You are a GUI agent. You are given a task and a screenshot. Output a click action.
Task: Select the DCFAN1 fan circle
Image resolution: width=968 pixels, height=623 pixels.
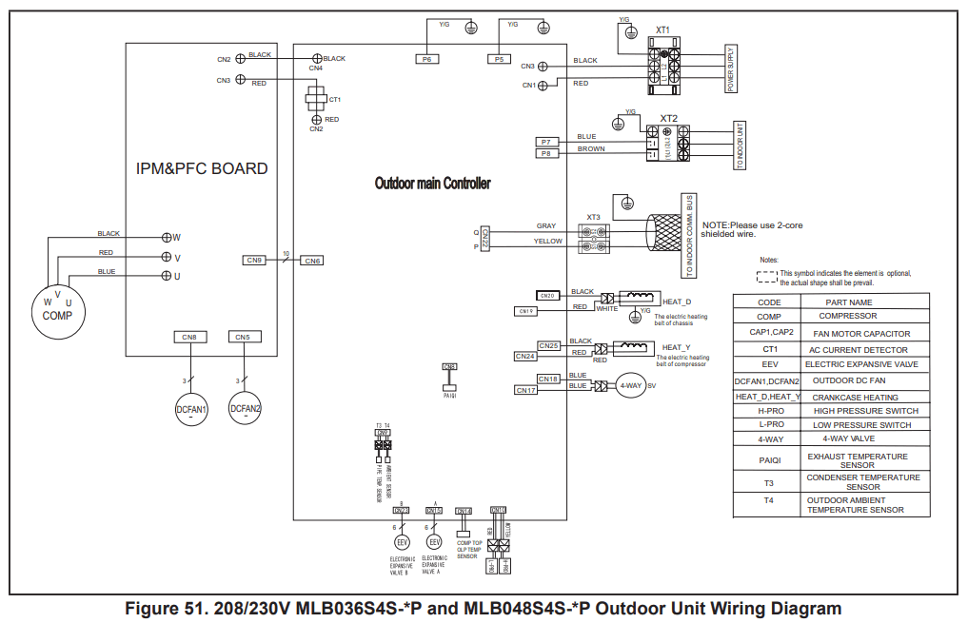pyautogui.click(x=191, y=410)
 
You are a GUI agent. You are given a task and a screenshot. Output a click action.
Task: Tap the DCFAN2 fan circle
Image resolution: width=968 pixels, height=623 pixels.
pyautogui.click(x=245, y=410)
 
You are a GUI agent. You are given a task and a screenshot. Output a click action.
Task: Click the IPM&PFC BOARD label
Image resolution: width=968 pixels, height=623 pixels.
pyautogui.click(x=201, y=169)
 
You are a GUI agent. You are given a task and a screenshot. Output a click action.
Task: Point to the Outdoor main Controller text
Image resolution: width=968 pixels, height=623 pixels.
pyautogui.click(x=432, y=184)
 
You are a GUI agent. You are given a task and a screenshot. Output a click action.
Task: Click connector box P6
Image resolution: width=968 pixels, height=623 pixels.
pyautogui.click(x=427, y=59)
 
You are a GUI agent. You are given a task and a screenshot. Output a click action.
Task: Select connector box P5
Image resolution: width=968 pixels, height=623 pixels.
pyautogui.click(x=499, y=59)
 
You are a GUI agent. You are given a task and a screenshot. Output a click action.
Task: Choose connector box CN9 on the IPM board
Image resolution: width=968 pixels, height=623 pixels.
pyautogui.click(x=254, y=260)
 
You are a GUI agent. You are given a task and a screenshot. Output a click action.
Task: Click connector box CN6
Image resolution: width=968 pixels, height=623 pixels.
pyautogui.click(x=312, y=260)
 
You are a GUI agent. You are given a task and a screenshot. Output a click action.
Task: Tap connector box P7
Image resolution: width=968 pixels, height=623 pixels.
pyautogui.click(x=545, y=142)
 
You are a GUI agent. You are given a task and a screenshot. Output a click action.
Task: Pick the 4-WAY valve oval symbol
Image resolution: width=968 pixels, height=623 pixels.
pyautogui.click(x=629, y=385)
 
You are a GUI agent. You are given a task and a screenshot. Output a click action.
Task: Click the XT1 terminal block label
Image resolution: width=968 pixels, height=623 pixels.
pyautogui.click(x=662, y=30)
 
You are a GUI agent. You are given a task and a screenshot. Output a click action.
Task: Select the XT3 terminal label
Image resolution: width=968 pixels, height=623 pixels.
pyautogui.click(x=594, y=216)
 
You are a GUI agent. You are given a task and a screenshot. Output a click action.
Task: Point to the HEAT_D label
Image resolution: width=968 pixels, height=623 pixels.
pyautogui.click(x=676, y=301)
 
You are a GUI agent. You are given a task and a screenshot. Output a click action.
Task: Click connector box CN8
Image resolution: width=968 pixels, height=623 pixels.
pyautogui.click(x=189, y=337)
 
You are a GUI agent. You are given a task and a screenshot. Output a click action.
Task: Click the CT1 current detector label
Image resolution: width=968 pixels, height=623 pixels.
pyautogui.click(x=334, y=99)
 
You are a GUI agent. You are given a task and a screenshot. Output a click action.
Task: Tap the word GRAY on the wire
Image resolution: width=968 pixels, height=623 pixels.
pyautogui.click(x=545, y=226)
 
